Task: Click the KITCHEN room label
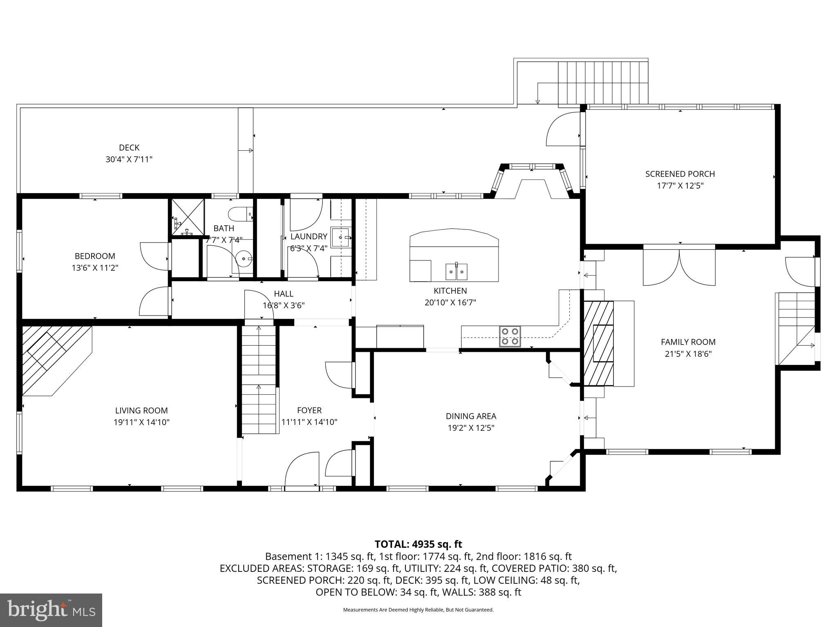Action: pos(450,291)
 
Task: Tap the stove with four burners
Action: pos(510,336)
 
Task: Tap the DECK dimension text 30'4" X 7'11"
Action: pos(129,159)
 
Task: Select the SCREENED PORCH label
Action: pos(680,174)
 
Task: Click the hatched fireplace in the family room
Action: pos(599,343)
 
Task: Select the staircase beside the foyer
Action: pos(259,380)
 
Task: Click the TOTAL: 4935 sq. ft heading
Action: pos(418,544)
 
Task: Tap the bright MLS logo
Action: pos(51,610)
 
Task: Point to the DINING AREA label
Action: pos(471,416)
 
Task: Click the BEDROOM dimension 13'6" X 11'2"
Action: pos(94,268)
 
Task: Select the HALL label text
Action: pos(283,293)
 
